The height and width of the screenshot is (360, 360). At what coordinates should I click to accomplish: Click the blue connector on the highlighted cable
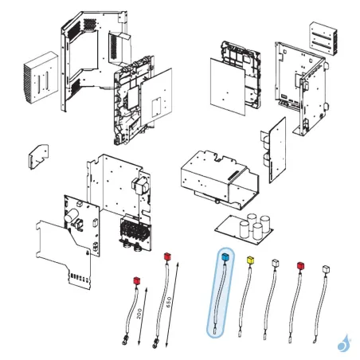tap(224, 256)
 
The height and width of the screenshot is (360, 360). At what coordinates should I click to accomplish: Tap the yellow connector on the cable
tap(252, 260)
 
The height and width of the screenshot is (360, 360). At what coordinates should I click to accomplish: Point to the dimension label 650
tap(170, 302)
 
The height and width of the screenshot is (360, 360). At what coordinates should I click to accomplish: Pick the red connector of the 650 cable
tap(166, 257)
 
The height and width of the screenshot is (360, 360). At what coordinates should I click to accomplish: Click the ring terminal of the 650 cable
tap(154, 344)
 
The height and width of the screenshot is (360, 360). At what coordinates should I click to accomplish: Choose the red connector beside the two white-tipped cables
tap(300, 264)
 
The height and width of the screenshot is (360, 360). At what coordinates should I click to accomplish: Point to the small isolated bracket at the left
tap(37, 157)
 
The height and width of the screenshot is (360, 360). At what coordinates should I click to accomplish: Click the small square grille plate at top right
tap(322, 37)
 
